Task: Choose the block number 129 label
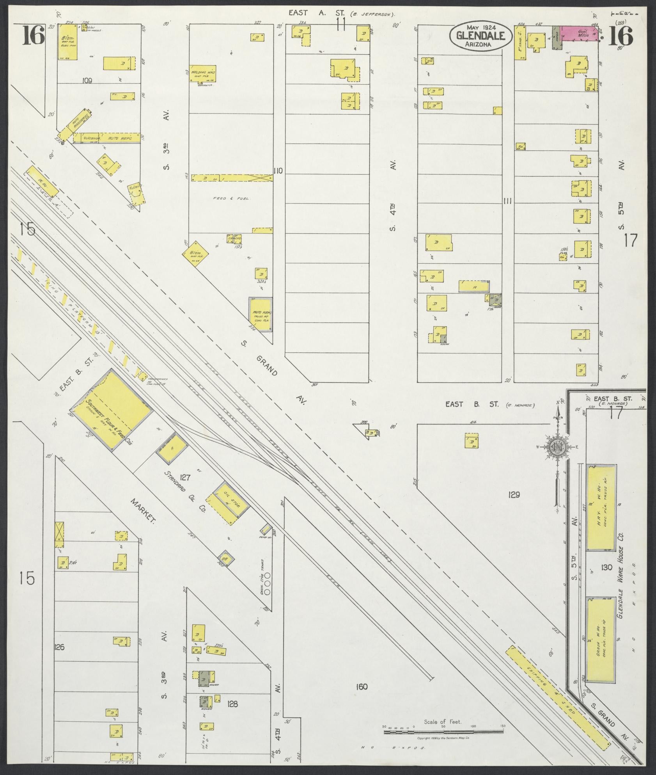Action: (514, 494)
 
